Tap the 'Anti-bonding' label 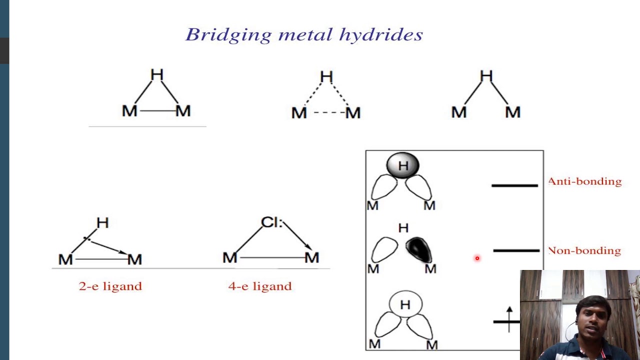click(585, 181)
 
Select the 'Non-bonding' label click(584, 250)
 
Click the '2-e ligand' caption click(110, 286)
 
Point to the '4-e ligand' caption click(259, 286)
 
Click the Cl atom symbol click(270, 222)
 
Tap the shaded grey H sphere click(402, 165)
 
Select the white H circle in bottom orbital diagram click(405, 304)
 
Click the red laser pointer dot click(477, 258)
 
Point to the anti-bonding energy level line click(514, 185)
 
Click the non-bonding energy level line click(516, 250)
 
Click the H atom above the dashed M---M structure click(326, 76)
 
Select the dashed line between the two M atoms click(326, 113)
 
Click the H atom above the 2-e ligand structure click(102, 223)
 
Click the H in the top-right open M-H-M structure click(486, 76)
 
